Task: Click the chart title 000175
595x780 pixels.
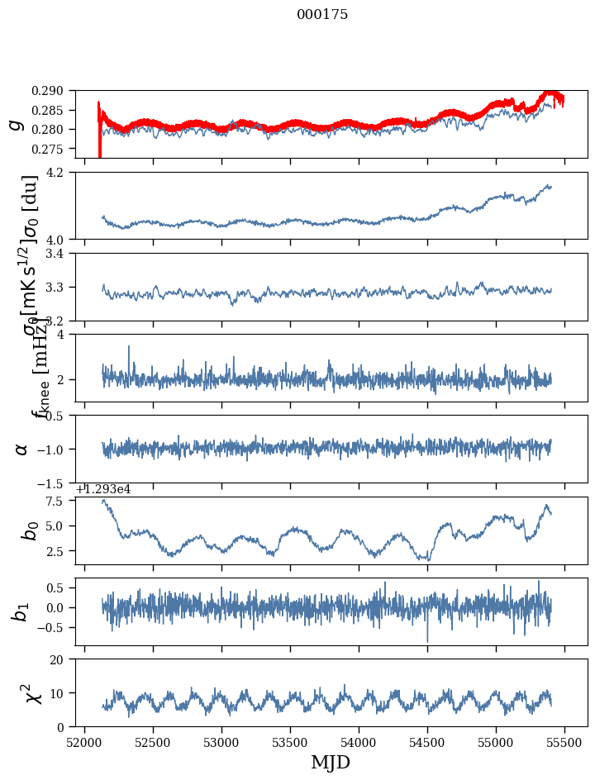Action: tap(322, 15)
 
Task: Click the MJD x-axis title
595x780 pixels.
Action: tap(331, 763)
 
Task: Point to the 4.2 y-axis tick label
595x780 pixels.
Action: tap(63, 172)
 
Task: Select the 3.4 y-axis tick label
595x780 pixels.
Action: tap(63, 253)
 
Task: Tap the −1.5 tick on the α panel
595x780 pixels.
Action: tap(57, 483)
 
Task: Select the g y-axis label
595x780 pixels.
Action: tap(16, 124)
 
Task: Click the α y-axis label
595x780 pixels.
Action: tap(21, 449)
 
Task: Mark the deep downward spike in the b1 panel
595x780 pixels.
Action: tap(427, 639)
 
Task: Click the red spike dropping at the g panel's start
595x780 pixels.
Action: tap(100, 149)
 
